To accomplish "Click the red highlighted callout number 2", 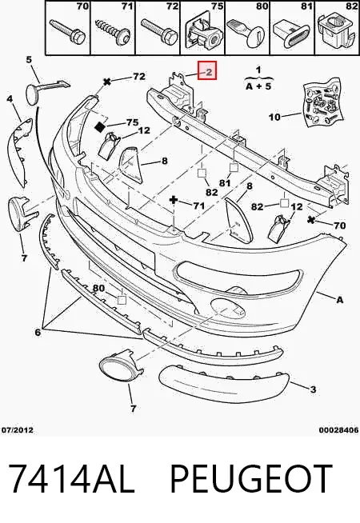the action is coord(207,70).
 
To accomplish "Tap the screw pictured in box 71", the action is coord(111,33).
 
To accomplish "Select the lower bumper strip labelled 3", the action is coord(223,384).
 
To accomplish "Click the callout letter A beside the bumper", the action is coord(339,300).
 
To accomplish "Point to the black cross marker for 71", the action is coord(174,200).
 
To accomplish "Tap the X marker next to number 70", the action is coord(311,220).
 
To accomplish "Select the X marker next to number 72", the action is coord(106,81).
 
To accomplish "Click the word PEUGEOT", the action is coord(251,478).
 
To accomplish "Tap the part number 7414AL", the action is coord(70,478).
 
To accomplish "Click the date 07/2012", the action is coord(17,430).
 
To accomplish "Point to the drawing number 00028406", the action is coord(338,430).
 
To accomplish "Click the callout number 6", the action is coord(38,332).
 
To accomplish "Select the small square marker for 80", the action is coord(122,300).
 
